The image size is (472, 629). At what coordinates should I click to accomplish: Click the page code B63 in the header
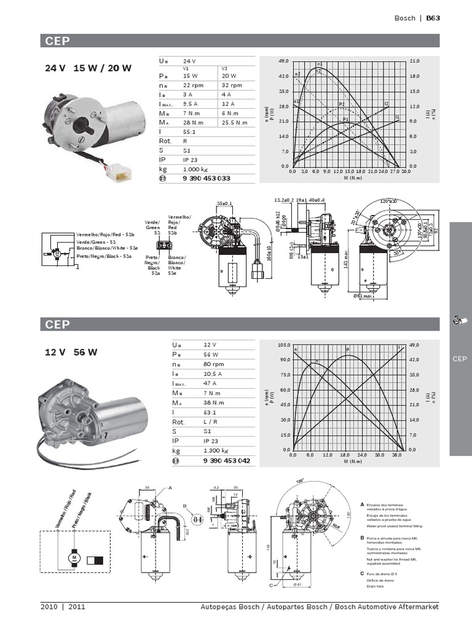433,18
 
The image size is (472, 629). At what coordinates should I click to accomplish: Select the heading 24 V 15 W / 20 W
88,68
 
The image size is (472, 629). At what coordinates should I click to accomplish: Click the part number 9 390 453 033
206,178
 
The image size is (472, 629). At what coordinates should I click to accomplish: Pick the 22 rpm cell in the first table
194,85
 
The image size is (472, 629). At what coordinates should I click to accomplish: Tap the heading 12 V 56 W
71,353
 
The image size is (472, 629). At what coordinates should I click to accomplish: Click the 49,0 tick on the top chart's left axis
283,61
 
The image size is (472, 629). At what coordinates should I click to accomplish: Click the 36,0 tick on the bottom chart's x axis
397,455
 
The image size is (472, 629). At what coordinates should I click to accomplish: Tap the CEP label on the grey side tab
460,359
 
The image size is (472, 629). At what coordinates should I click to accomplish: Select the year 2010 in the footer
49,607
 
